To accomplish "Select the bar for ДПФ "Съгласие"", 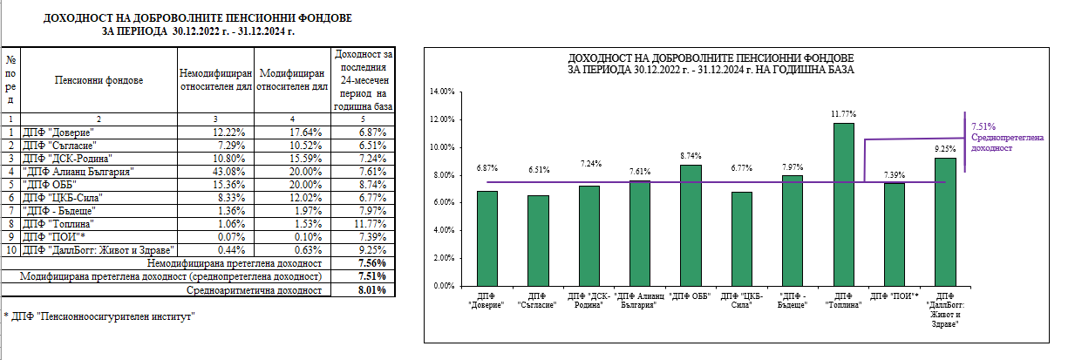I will tap(538, 240).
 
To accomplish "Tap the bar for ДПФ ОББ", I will tap(690, 225).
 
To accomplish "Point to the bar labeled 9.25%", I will tap(945, 221).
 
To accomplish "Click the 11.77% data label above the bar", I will tap(843, 113).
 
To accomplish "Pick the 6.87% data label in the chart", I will tap(486, 167).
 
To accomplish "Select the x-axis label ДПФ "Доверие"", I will tap(486, 302).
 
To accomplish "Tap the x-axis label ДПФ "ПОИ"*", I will tap(895, 296).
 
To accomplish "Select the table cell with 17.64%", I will tap(293, 131).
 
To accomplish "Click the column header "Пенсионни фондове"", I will tap(99, 80).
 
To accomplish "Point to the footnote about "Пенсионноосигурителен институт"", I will tap(98, 316).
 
